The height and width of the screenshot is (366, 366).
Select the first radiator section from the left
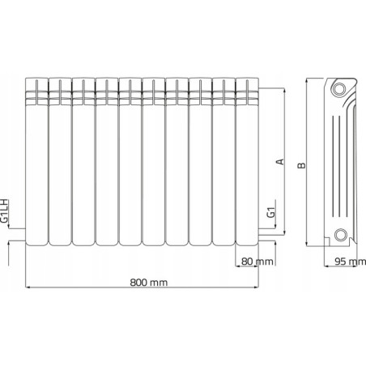click(x=36, y=162)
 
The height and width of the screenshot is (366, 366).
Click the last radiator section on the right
click(x=248, y=162)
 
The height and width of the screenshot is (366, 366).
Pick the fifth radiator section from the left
click(x=130, y=162)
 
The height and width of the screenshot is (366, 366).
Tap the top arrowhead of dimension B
click(x=312, y=80)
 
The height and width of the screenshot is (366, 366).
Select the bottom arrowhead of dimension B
click(x=312, y=245)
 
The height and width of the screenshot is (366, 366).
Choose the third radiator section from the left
click(x=83, y=162)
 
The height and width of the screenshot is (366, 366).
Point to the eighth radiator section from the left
click(x=201, y=162)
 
